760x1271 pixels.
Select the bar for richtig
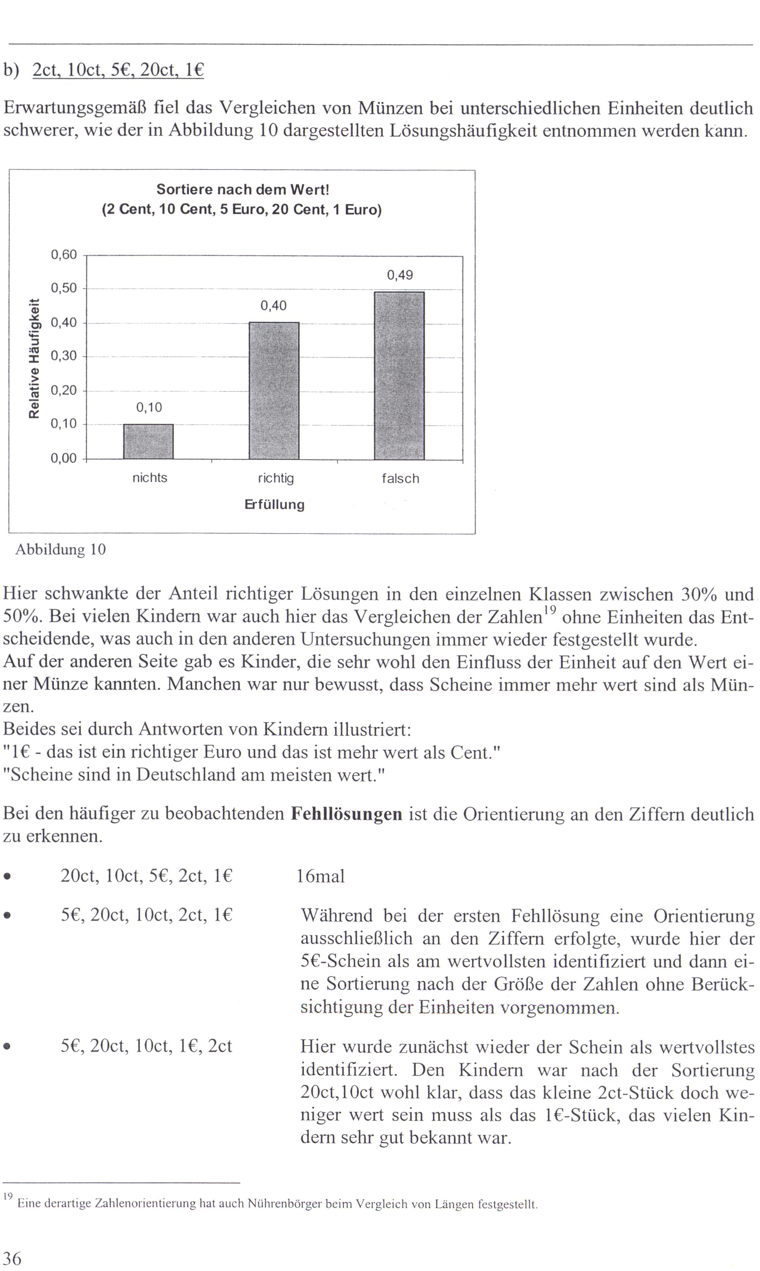(x=274, y=390)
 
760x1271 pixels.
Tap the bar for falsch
(x=399, y=375)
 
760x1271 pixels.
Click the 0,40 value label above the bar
(x=274, y=306)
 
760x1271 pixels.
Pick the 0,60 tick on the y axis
(x=63, y=255)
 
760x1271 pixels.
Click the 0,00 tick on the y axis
(x=63, y=458)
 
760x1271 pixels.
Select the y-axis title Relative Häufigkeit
(x=34, y=358)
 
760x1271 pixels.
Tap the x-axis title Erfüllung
(x=274, y=504)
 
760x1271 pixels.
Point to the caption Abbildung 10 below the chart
(x=60, y=549)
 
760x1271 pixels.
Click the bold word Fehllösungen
(x=346, y=814)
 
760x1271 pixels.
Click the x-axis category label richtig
(x=275, y=478)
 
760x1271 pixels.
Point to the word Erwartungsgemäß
(x=75, y=108)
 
